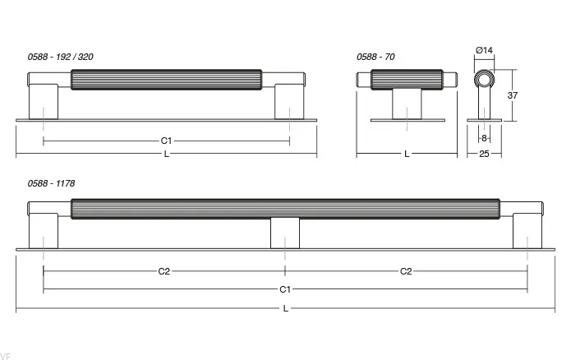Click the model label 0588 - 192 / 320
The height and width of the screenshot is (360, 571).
(x=61, y=57)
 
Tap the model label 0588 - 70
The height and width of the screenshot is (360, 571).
(x=375, y=57)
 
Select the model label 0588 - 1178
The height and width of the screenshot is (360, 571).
(x=51, y=183)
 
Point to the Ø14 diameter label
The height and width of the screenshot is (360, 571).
(x=484, y=50)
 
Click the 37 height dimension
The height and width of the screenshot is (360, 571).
(x=513, y=95)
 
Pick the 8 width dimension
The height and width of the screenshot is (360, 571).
(x=484, y=138)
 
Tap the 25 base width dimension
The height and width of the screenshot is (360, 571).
(x=484, y=155)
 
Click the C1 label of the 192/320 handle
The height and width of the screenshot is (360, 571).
(x=166, y=141)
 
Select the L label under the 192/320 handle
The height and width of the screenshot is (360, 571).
(x=167, y=155)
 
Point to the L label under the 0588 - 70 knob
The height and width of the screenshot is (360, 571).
(x=407, y=155)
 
